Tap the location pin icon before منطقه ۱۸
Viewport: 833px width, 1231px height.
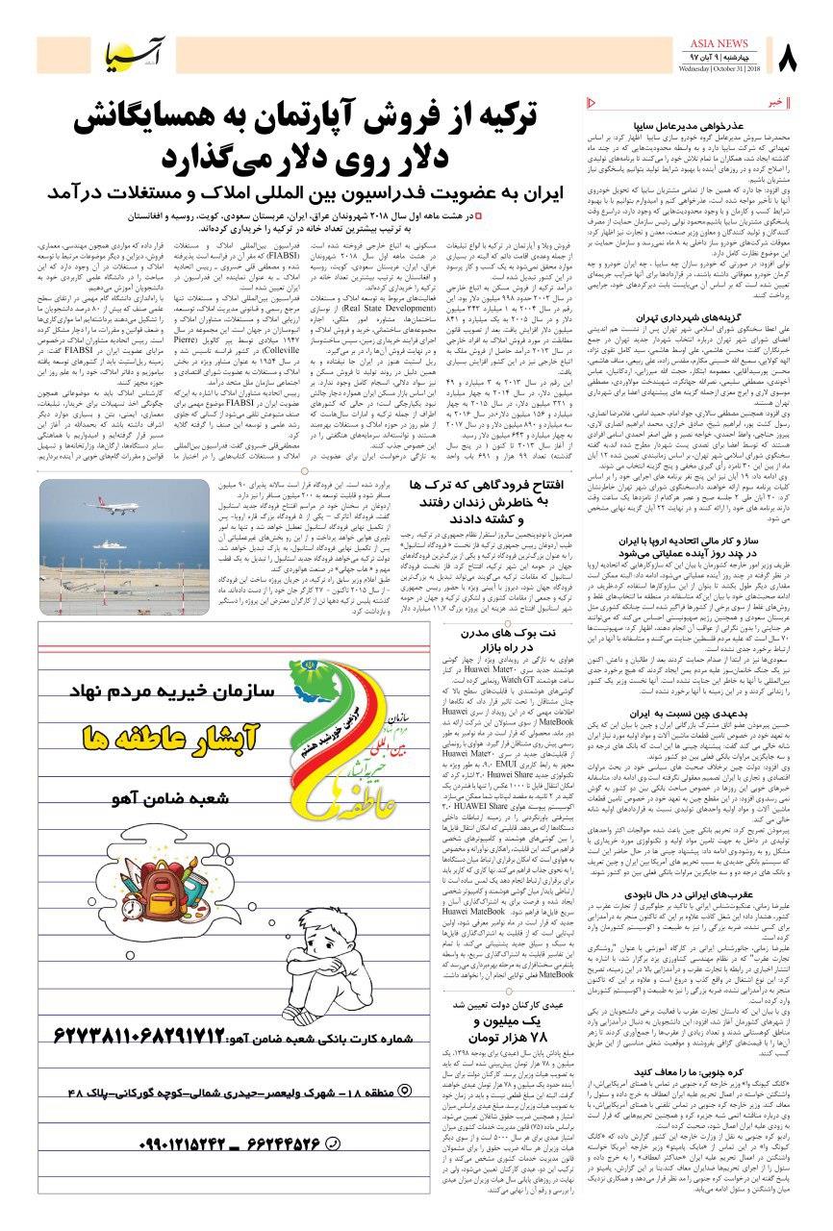point(405,1092)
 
